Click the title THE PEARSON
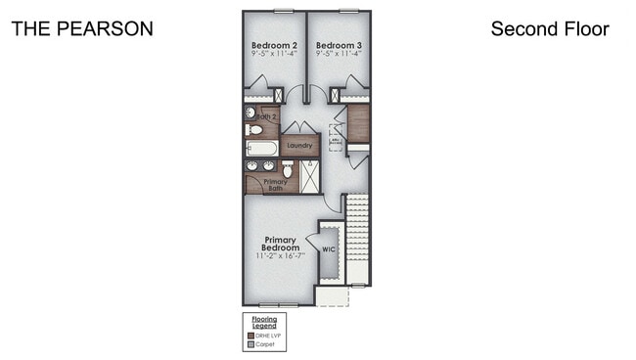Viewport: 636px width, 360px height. (81, 28)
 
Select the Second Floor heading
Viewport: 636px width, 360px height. (549, 28)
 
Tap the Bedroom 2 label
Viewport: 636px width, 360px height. (273, 45)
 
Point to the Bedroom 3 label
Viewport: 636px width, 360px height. (338, 45)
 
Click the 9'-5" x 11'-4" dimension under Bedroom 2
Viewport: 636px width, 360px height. (273, 55)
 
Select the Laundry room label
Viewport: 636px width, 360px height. (299, 146)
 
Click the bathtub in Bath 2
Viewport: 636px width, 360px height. (262, 149)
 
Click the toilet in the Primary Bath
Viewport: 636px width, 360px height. (287, 169)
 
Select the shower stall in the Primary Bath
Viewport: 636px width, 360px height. (310, 176)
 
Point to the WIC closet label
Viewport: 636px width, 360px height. (329, 248)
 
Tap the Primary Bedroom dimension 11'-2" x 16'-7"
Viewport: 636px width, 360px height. (280, 256)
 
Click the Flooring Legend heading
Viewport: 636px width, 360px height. (264, 322)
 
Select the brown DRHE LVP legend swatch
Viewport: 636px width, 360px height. (250, 336)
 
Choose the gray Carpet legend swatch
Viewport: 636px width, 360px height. (250, 344)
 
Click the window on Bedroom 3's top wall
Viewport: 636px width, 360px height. (347, 11)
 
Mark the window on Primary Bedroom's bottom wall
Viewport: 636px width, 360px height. (279, 305)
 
